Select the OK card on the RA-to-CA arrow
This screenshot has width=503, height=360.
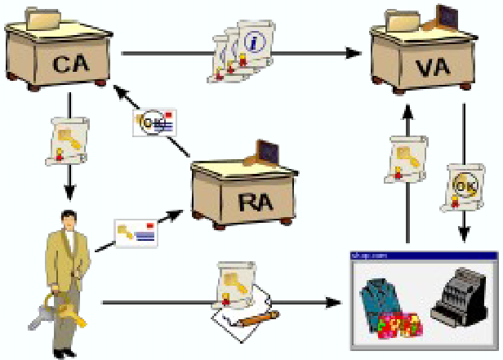tap(154, 123)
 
